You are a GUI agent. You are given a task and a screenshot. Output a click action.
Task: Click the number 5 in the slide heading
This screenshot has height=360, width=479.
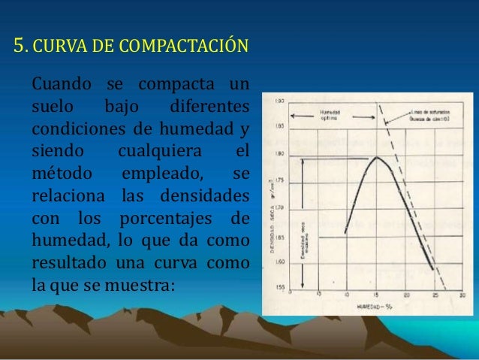click(x=20, y=47)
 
